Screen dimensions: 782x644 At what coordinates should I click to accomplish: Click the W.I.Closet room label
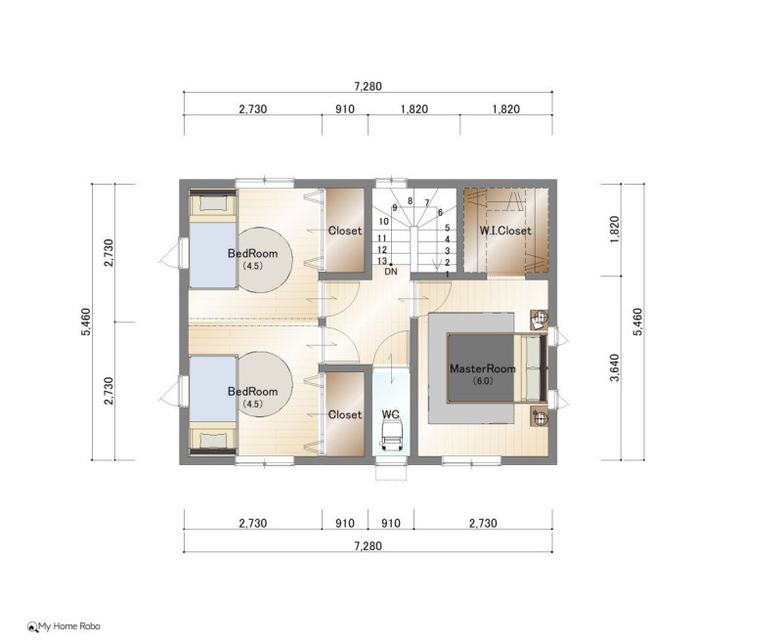505,231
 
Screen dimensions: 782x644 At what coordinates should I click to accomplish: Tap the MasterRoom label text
483,368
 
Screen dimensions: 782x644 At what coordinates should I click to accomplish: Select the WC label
390,414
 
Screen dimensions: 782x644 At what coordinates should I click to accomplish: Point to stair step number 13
382,261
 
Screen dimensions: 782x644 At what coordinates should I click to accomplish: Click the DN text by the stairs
391,272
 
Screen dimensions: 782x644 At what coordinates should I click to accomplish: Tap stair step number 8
410,201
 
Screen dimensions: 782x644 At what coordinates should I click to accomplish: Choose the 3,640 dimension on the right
615,367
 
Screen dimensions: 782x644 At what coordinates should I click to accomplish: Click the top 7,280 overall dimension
369,86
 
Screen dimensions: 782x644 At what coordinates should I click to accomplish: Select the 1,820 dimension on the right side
615,230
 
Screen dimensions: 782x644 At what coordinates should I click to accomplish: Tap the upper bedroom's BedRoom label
252,253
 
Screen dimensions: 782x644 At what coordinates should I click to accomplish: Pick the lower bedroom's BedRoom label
252,391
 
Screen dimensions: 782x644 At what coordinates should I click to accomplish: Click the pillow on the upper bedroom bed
212,203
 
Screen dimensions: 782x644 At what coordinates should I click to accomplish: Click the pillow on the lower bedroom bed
212,440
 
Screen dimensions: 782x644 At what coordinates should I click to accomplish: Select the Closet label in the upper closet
345,231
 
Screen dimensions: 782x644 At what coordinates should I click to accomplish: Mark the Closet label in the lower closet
345,414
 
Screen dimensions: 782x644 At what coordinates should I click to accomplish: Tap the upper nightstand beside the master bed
539,320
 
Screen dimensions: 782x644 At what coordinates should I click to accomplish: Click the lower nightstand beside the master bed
539,416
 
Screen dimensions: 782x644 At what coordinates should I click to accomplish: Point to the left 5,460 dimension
86,322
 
